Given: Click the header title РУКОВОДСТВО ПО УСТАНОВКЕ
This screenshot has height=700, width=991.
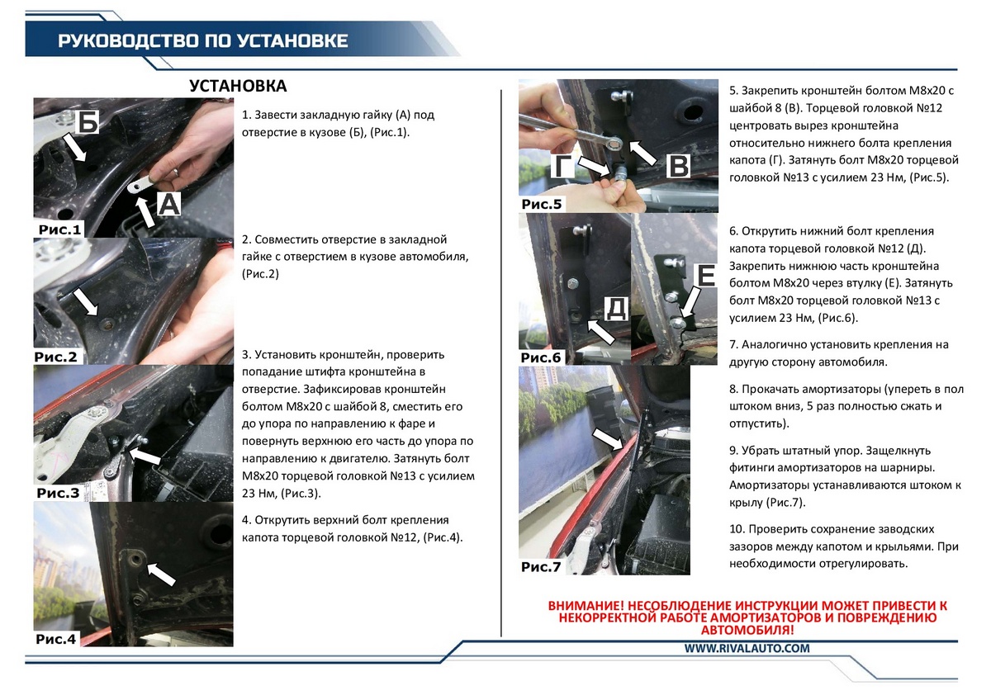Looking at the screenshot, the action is click(202, 40).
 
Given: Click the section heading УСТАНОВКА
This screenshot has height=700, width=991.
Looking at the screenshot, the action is click(238, 86).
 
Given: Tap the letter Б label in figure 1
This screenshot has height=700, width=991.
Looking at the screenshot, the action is click(88, 121).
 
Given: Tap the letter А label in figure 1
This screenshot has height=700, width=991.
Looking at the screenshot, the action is click(168, 205).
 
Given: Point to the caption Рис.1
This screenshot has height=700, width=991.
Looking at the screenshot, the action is click(59, 229).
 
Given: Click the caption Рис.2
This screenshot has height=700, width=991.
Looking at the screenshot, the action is click(56, 357).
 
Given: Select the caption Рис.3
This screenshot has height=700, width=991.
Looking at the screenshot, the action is click(58, 493).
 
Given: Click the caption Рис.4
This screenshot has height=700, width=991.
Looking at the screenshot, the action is click(56, 639).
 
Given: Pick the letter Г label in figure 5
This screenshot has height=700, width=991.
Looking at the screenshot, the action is click(562, 166).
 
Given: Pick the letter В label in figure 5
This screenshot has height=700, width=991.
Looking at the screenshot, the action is click(679, 166).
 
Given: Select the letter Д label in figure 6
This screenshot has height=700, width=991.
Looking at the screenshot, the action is click(616, 308).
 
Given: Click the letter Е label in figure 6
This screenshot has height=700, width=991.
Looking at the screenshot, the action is click(705, 275).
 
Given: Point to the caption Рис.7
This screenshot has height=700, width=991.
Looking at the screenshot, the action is click(541, 566).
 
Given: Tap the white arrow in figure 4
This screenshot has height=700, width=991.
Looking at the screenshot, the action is click(161, 574).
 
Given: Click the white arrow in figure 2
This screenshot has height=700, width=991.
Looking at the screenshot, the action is click(86, 301).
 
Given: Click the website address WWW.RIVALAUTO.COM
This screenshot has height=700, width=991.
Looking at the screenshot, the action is click(747, 648).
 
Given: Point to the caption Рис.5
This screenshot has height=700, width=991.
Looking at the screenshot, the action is click(542, 204).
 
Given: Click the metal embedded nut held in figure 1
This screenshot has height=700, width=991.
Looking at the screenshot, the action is click(140, 184).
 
